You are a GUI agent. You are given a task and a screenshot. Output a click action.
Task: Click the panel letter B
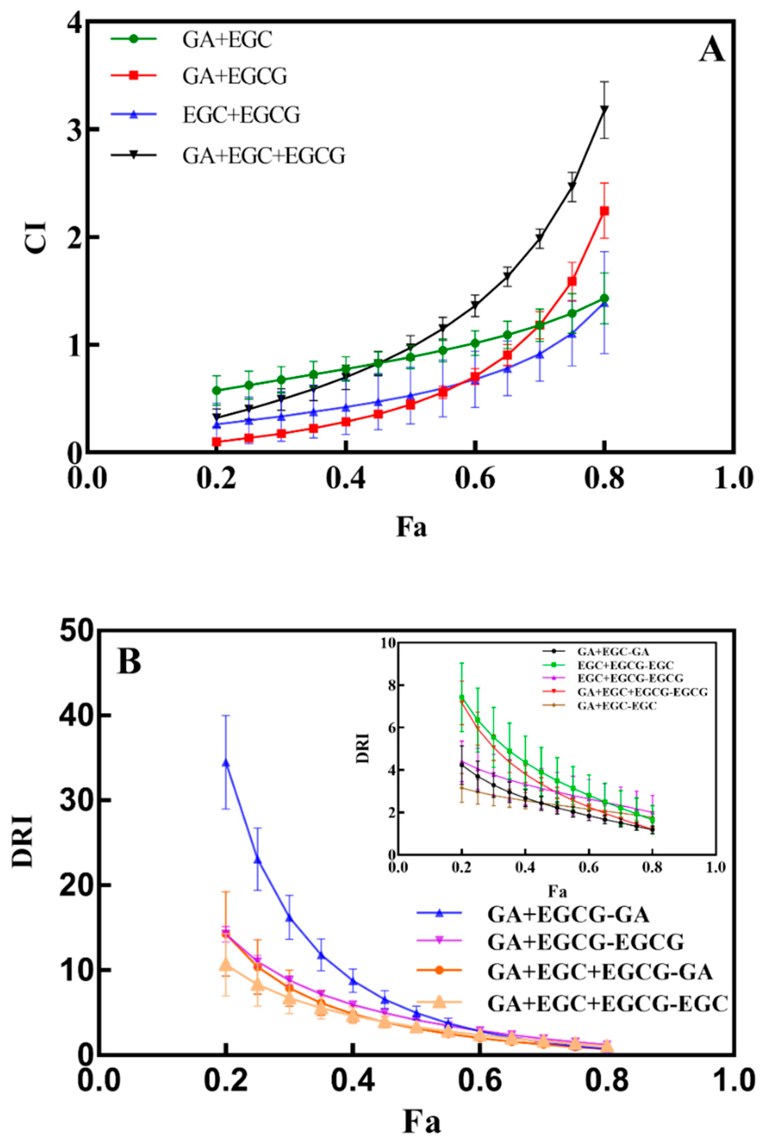point(129,661)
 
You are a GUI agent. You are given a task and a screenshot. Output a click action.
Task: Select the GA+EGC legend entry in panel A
point(227,40)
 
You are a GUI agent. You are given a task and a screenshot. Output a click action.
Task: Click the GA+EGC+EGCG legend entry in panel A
point(264,156)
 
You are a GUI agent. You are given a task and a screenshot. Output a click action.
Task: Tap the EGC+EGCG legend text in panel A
point(241,116)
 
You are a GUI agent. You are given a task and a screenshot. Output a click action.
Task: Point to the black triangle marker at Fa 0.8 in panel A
point(604,110)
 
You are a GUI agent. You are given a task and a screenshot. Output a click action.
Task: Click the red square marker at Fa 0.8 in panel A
point(604,211)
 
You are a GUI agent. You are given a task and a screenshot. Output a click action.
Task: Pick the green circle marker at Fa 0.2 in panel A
point(217,390)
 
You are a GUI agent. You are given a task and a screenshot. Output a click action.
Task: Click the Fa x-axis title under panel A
point(412,527)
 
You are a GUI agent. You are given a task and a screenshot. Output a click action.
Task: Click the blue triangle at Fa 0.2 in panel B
point(226,763)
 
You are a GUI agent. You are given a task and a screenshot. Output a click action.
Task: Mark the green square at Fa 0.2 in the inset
point(462,697)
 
